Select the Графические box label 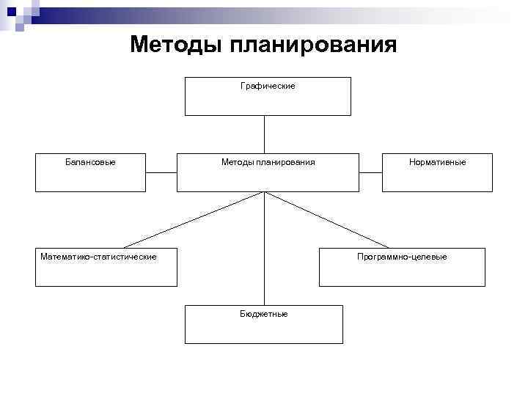(268, 87)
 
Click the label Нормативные (438, 162)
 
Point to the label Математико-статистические (98, 257)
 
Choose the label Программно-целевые (402, 257)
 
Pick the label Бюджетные (264, 314)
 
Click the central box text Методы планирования (268, 162)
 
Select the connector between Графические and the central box (264, 134)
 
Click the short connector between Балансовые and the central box (161, 172)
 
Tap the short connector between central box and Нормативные (370, 172)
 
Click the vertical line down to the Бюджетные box (264, 249)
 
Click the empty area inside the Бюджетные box (264, 331)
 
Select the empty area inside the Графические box (268, 103)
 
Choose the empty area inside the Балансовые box (90, 180)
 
